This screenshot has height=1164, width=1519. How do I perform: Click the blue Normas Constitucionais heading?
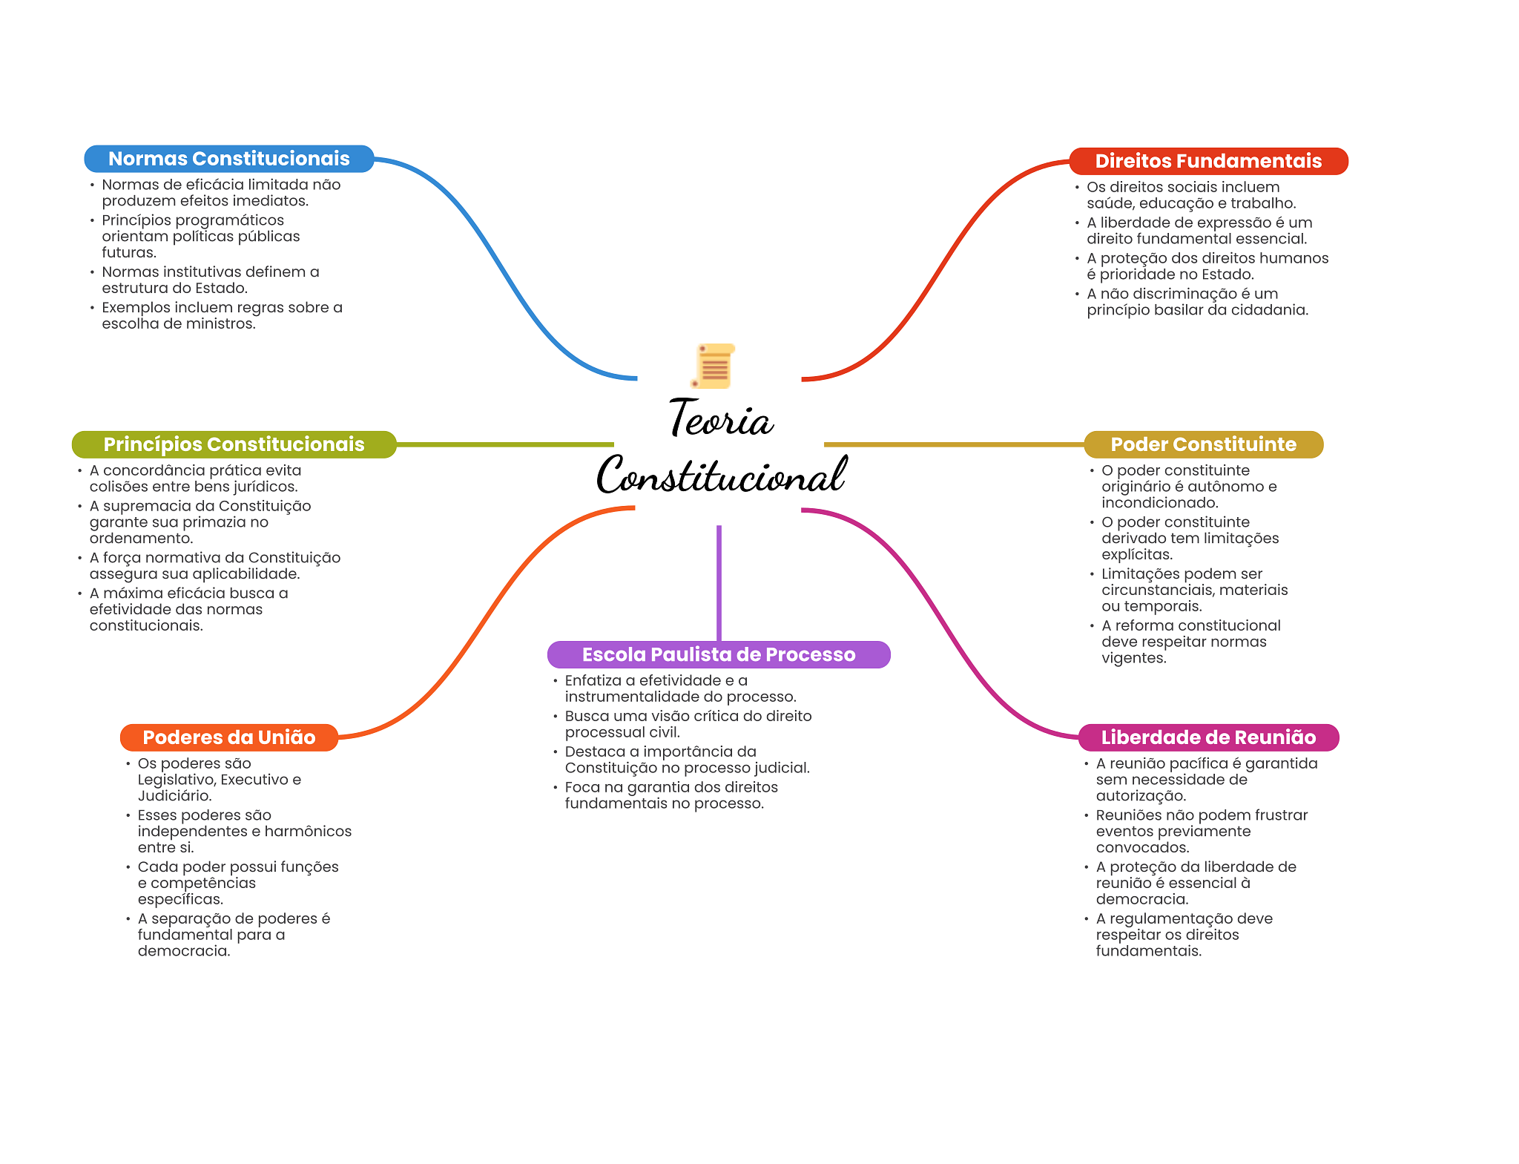(228, 159)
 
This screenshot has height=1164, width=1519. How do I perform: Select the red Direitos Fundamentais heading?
(1207, 161)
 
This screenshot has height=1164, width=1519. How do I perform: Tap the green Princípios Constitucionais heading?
(234, 444)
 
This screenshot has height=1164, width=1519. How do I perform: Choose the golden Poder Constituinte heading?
(1203, 444)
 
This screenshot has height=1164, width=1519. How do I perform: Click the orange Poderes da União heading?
(228, 737)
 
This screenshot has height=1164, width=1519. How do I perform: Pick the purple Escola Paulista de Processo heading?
(718, 654)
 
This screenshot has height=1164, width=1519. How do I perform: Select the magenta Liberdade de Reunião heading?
(1207, 737)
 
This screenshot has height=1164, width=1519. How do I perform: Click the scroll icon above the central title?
(714, 366)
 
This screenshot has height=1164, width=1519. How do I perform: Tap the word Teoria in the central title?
(721, 419)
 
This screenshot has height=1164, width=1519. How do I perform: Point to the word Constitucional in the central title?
(721, 475)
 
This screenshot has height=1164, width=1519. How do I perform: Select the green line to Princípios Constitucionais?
(504, 444)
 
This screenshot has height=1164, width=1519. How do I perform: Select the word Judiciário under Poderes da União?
(174, 796)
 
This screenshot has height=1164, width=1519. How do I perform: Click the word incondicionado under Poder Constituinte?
(1159, 503)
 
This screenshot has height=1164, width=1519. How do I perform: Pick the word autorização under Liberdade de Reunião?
(1141, 796)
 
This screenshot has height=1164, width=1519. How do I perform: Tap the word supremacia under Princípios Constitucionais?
(145, 506)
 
